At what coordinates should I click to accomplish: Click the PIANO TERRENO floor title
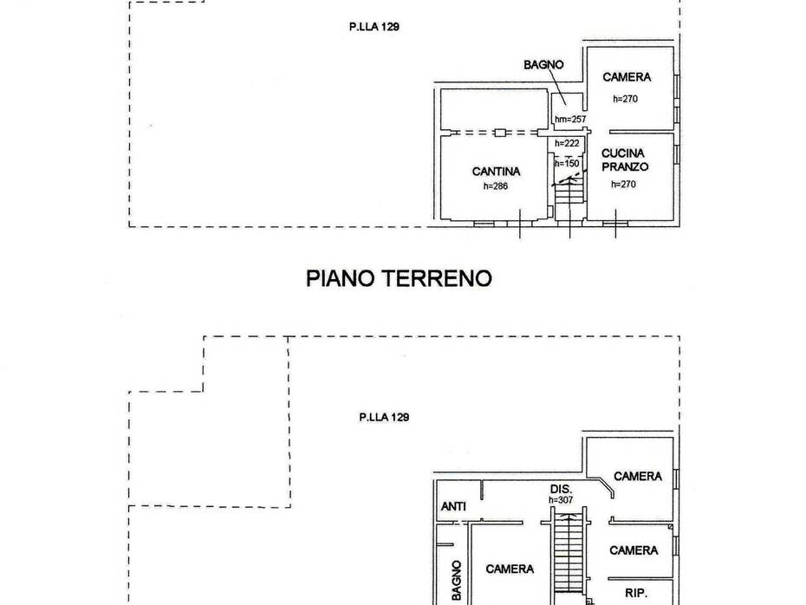(399, 278)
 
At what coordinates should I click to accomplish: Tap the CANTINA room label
(496, 171)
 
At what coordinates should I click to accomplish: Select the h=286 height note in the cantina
(496, 186)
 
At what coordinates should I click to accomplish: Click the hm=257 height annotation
(570, 120)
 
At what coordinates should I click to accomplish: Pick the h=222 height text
(567, 143)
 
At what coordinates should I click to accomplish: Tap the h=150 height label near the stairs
(567, 164)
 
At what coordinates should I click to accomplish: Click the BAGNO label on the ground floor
(543, 65)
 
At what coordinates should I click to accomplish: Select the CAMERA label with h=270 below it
(627, 77)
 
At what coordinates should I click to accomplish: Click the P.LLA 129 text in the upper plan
(374, 27)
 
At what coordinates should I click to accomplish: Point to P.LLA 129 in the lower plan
(384, 418)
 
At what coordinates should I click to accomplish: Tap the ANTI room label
(453, 507)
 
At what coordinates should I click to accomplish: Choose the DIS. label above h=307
(561, 490)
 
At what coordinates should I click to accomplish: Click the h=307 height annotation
(561, 499)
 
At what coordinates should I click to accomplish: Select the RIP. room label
(636, 593)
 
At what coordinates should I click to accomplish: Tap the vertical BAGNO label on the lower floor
(457, 580)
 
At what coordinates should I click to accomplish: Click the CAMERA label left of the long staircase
(510, 569)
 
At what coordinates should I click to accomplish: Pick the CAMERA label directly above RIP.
(634, 550)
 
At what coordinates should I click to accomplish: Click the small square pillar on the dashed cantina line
(500, 133)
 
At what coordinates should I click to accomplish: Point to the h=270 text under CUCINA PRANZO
(623, 184)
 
